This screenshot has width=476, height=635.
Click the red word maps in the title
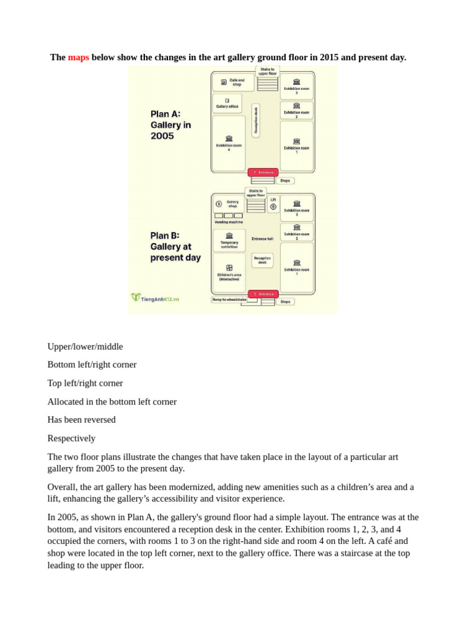(x=78, y=57)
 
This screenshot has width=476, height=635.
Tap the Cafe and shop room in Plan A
(x=234, y=82)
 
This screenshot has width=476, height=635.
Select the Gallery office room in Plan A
(x=227, y=103)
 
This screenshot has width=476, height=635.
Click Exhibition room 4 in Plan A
(x=229, y=143)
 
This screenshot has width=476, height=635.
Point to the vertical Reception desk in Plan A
(x=255, y=120)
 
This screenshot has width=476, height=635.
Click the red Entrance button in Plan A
(x=263, y=172)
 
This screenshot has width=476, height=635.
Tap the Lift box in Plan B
(x=273, y=204)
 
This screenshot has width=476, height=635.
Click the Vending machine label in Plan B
(x=229, y=222)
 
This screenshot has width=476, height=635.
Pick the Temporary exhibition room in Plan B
(x=229, y=240)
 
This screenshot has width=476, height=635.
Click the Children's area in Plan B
(x=229, y=272)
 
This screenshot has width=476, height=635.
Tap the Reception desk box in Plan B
(x=262, y=260)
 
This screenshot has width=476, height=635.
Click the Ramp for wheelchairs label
(x=229, y=300)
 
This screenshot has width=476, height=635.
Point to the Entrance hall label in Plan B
(x=262, y=239)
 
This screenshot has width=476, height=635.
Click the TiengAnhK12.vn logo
(x=155, y=298)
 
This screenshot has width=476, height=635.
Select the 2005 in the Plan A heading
(x=162, y=136)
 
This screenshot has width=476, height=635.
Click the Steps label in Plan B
(x=285, y=302)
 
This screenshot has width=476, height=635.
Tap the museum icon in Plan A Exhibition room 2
(x=296, y=106)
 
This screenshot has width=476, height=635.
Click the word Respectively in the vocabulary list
(x=71, y=438)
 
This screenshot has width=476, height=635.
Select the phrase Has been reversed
(x=81, y=419)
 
